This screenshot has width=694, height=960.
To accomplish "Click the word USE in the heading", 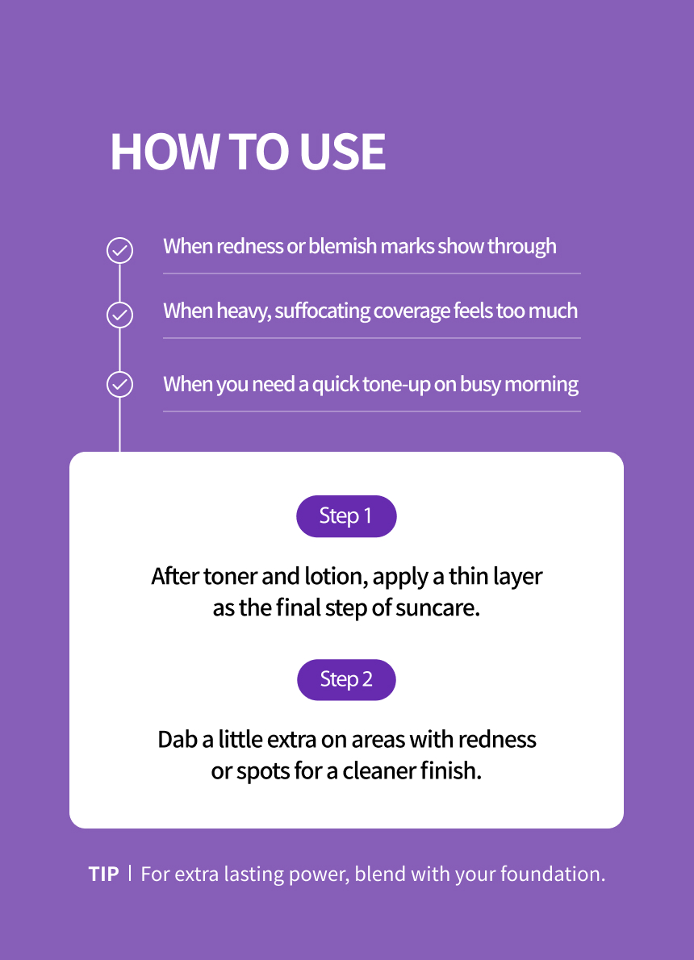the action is (342, 152).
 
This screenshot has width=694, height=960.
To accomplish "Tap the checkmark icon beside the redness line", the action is (119, 250).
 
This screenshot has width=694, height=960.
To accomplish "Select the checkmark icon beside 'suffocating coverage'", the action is (119, 315).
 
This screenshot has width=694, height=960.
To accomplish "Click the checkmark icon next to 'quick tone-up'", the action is (119, 385).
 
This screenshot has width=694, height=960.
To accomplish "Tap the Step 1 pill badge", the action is (347, 516).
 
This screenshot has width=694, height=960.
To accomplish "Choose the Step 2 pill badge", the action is (347, 679).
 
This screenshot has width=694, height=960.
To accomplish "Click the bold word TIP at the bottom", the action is (103, 874).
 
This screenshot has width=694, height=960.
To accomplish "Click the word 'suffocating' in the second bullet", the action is (322, 311).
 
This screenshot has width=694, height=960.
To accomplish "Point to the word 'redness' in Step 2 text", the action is (497, 740).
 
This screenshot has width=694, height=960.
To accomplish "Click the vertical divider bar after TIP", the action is (130, 873).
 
